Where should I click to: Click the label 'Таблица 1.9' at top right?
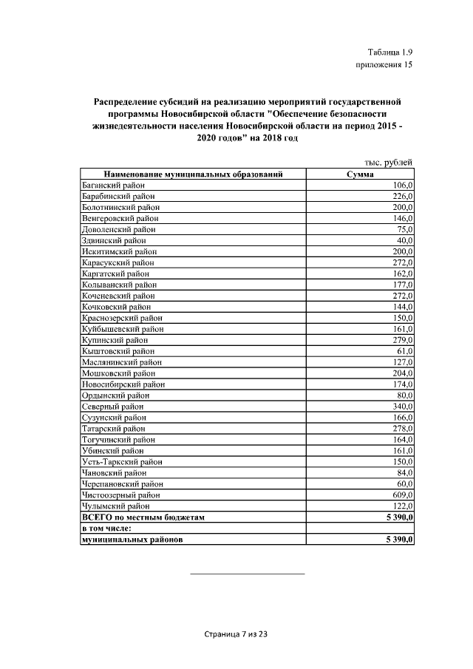pos(389,52)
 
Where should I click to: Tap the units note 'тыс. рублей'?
pos(388,163)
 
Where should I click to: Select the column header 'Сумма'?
pos(360,174)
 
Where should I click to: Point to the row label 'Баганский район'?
pos(112,186)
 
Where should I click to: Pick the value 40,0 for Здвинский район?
pos(404,240)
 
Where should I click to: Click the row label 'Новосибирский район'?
pos(122,384)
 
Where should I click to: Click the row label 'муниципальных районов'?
pos(132,540)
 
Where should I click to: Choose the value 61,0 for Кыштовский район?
pos(404,351)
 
